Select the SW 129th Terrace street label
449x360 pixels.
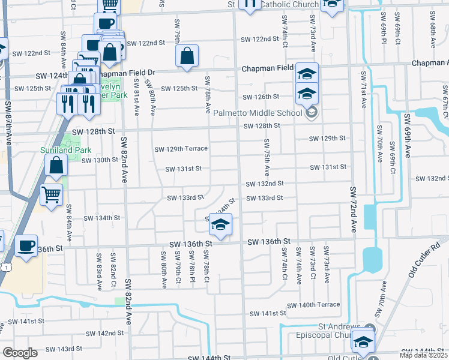(x=181, y=149)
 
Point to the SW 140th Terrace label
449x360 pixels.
(x=313, y=305)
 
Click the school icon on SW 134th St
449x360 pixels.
(x=220, y=226)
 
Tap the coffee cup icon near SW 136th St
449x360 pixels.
(x=27, y=246)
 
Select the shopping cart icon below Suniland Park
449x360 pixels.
(x=52, y=194)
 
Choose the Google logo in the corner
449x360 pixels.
(x=20, y=353)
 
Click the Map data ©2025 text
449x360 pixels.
(x=424, y=355)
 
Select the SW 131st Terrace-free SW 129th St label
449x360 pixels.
(x=327, y=139)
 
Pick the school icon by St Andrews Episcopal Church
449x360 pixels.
(x=363, y=341)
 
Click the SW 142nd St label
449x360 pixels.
(x=103, y=333)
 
